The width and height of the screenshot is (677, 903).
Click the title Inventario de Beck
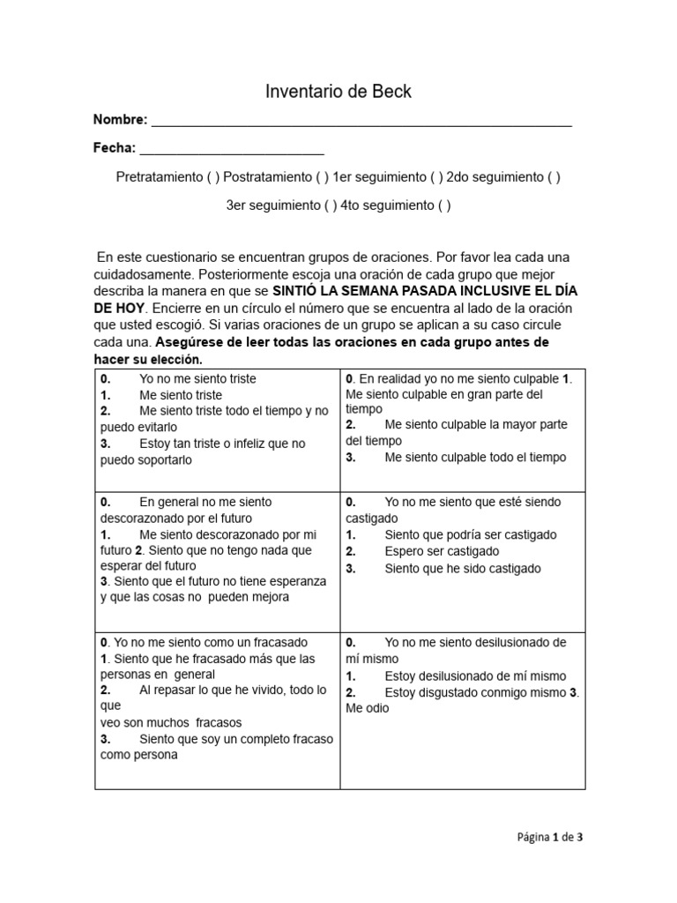tap(338, 92)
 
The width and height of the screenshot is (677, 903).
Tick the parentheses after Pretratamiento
tap(212, 177)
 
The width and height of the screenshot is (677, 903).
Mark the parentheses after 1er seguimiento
tap(436, 177)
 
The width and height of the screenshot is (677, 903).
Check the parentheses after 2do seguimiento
tap(553, 177)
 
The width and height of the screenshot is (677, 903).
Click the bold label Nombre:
tap(121, 120)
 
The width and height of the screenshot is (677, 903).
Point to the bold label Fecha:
tap(115, 148)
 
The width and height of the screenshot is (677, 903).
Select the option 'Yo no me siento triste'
tap(197, 379)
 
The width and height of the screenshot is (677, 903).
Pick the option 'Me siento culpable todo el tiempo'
tap(475, 458)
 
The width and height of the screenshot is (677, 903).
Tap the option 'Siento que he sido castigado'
tap(462, 569)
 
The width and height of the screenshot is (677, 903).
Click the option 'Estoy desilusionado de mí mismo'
tap(475, 675)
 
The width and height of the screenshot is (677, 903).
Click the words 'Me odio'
tap(367, 708)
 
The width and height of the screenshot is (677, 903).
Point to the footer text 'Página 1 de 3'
tap(549, 839)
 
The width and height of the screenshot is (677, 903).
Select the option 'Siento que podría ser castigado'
tap(470, 534)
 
